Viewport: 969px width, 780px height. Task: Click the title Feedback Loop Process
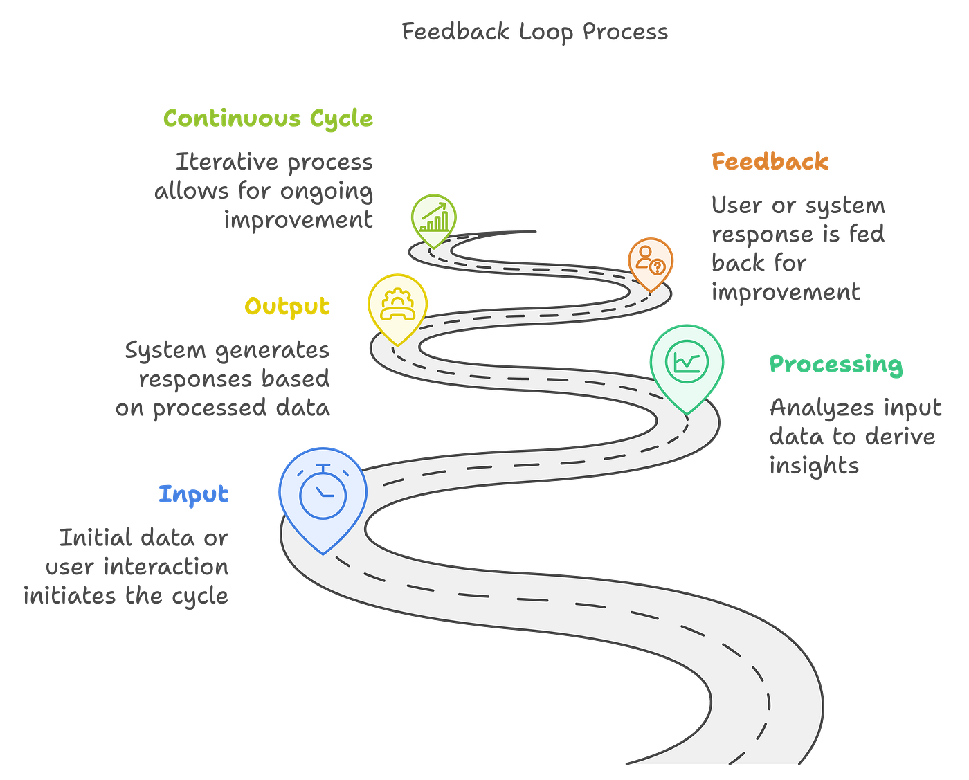point(534,32)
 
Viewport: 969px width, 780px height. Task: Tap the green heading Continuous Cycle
point(268,118)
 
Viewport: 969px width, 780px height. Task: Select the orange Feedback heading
point(770,162)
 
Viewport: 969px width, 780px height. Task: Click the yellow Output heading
point(287,306)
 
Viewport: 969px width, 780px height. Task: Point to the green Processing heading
point(836,364)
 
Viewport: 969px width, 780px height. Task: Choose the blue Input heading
point(194,494)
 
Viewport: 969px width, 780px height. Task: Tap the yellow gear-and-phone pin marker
point(397,303)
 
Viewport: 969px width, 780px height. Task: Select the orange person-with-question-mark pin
point(651,260)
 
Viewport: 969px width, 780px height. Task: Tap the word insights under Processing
point(814,465)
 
